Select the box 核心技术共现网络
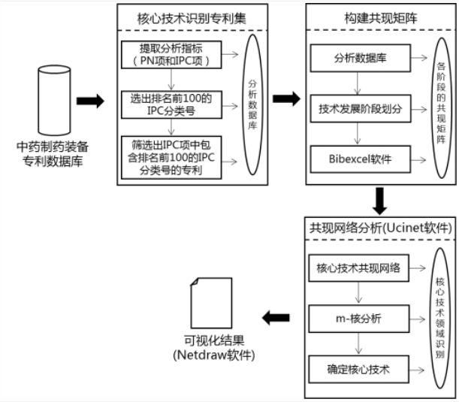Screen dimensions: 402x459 coord(358,268)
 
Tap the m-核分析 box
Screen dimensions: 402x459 coord(358,319)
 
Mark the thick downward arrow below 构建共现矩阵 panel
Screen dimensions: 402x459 coord(379,200)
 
